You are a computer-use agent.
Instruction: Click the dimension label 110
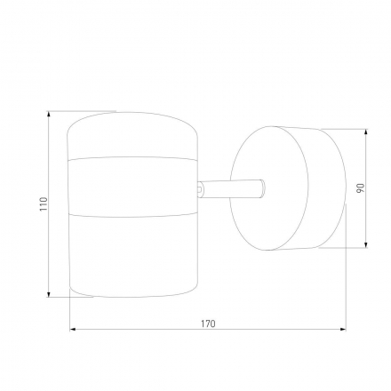(44, 204)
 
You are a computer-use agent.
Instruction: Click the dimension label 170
(208, 323)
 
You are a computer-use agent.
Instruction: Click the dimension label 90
(360, 188)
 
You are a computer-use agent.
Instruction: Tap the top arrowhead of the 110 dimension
(49, 114)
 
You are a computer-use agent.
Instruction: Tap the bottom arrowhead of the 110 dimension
(49, 294)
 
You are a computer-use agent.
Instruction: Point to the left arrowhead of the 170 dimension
(73, 329)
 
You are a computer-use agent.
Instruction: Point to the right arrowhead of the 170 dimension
(343, 329)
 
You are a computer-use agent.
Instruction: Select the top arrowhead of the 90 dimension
(366, 132)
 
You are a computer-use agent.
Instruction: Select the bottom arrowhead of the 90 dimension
(366, 244)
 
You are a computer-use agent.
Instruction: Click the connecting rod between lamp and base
(231, 188)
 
